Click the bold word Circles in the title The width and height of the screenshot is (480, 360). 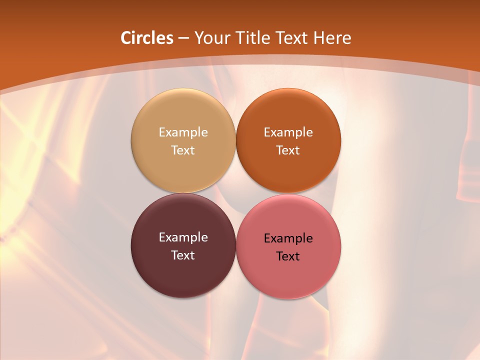pyautogui.click(x=146, y=38)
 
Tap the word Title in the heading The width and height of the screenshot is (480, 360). pyautogui.click(x=252, y=38)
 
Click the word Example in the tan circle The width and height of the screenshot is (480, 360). pyautogui.click(x=183, y=132)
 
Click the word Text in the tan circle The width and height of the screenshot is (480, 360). pyautogui.click(x=183, y=150)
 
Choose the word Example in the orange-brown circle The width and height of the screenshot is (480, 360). pyautogui.click(x=288, y=132)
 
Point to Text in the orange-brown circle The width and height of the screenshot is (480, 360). pyautogui.click(x=288, y=150)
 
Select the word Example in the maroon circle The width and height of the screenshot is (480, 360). pyautogui.click(x=183, y=237)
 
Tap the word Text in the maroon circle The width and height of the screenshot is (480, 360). pyautogui.click(x=183, y=255)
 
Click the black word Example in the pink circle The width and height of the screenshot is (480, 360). pyautogui.click(x=288, y=238)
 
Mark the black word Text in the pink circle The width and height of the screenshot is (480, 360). pyautogui.click(x=288, y=256)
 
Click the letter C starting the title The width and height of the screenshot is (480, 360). pyautogui.click(x=126, y=38)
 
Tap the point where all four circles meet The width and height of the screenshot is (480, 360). pyautogui.click(x=235, y=193)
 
